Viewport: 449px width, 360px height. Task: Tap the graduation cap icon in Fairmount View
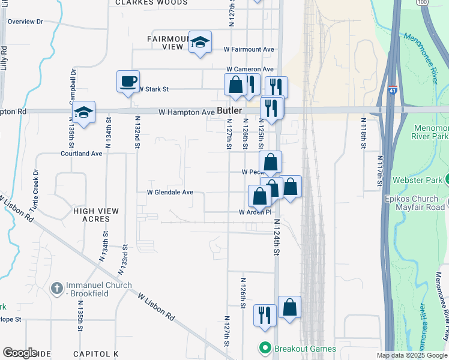pyautogui.click(x=200, y=42)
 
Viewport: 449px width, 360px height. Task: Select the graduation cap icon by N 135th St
pyautogui.click(x=84, y=112)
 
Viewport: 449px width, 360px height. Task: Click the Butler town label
pyautogui.click(x=229, y=111)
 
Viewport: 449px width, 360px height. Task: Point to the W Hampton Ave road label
pyautogui.click(x=186, y=112)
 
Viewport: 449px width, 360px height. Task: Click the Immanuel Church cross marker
pyautogui.click(x=56, y=289)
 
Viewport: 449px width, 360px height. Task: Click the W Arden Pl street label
pyautogui.click(x=255, y=212)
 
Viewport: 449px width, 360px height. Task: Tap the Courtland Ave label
pyautogui.click(x=82, y=154)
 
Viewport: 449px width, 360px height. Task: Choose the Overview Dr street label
pyautogui.click(x=26, y=22)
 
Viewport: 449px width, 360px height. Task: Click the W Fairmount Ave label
pyautogui.click(x=249, y=49)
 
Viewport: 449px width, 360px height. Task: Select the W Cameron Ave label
pyautogui.click(x=250, y=70)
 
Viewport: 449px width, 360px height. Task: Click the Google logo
pyautogui.click(x=20, y=353)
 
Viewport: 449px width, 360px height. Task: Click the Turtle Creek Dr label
pyautogui.click(x=35, y=189)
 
